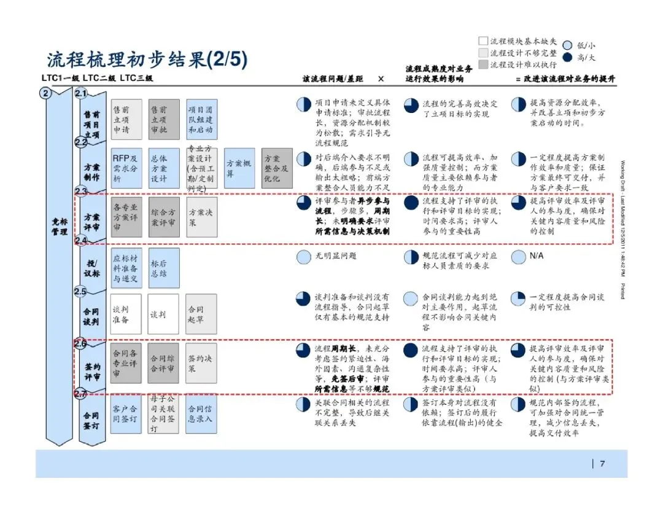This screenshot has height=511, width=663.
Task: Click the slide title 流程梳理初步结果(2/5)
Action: [147, 60]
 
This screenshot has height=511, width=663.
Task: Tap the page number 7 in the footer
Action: [602, 464]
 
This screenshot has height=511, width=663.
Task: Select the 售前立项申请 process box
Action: [126, 119]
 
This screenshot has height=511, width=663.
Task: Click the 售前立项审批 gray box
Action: [164, 119]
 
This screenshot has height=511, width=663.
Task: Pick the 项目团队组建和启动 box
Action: [201, 119]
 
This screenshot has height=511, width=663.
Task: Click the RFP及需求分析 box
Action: [126, 168]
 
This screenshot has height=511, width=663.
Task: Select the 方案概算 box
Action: [239, 168]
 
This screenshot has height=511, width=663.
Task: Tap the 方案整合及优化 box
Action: [277, 168]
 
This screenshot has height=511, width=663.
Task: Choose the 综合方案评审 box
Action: [164, 217]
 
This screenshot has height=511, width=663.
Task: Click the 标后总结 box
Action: [164, 268]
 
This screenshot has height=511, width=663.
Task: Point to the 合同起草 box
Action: [201, 314]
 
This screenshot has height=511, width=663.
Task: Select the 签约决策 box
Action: [201, 362]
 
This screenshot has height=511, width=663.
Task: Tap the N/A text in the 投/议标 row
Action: [537, 256]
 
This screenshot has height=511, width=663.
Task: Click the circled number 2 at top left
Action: [45, 93]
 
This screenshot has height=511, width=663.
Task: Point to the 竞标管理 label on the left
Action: [60, 227]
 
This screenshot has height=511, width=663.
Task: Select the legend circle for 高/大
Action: [567, 57]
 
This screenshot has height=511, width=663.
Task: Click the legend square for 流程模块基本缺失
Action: [483, 41]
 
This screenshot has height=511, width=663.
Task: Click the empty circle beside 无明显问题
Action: [303, 257]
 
